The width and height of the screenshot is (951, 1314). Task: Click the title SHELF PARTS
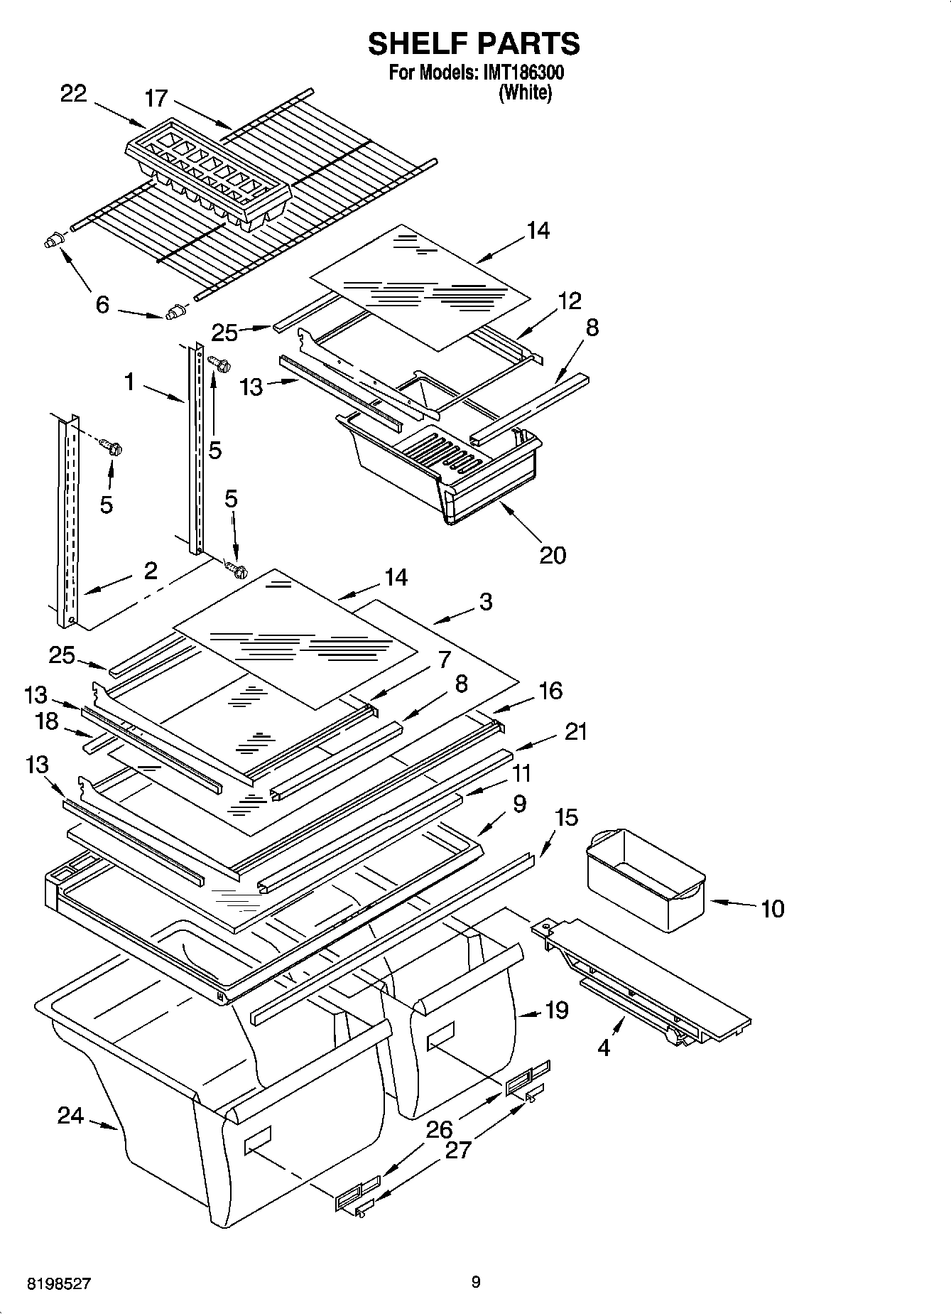tap(474, 44)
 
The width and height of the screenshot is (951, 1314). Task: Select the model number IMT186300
tap(523, 72)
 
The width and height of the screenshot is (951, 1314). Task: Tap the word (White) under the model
tap(525, 92)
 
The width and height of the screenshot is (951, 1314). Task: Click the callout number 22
tap(74, 93)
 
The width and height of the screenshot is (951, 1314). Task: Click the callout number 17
tap(156, 98)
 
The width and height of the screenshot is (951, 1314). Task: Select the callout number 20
tap(553, 554)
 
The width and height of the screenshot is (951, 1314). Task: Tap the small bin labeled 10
tap(645, 878)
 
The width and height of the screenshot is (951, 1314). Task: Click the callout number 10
tap(772, 908)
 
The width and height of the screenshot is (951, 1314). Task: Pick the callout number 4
tap(604, 1047)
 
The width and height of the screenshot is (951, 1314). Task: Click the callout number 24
tap(70, 1116)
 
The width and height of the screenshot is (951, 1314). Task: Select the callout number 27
tap(458, 1149)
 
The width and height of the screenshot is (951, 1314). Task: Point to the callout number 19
tap(558, 1009)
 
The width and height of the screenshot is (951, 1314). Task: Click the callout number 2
tap(151, 571)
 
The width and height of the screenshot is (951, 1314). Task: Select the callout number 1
tap(129, 382)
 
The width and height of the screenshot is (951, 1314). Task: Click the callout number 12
tap(570, 301)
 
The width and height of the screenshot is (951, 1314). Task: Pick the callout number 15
tap(566, 817)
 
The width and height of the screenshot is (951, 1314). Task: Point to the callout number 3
tap(485, 602)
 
